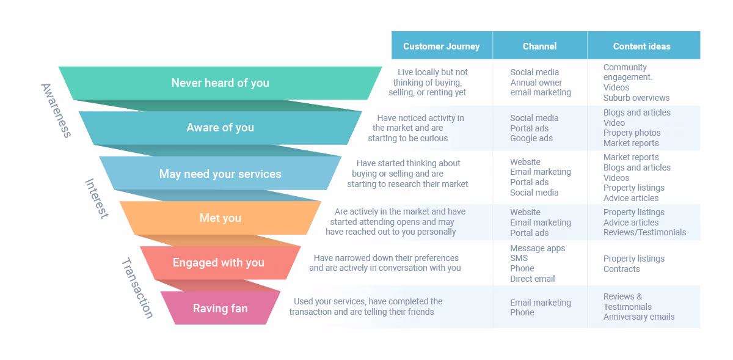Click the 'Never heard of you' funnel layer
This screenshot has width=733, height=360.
220,83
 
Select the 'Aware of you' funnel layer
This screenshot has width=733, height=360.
220,128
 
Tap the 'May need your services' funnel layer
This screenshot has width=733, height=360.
220,174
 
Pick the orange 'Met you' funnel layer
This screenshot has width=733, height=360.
220,218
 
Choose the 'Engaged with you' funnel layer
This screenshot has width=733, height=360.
219,263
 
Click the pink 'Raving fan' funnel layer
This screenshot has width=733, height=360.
220,309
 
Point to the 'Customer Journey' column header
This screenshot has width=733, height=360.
441,46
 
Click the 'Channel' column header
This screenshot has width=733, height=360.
539,46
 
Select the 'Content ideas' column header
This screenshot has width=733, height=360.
641,46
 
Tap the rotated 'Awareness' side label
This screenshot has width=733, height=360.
56,110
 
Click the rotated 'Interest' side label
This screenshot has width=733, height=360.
97,199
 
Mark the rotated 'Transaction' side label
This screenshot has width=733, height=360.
137,288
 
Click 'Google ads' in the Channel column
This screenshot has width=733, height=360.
531,139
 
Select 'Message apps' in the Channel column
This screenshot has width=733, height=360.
538,248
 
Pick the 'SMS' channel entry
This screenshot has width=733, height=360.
519,259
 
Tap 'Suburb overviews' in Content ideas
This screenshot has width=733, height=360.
636,98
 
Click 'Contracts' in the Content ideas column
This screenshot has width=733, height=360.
622,269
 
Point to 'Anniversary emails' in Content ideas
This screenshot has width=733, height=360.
639,317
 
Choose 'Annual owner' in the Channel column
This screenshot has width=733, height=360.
536,83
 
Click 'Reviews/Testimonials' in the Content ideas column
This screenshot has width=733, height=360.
644,232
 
